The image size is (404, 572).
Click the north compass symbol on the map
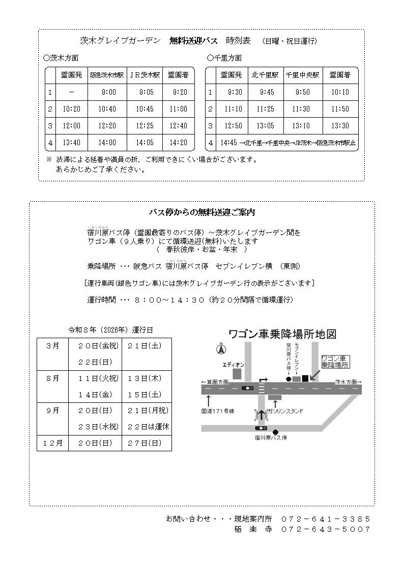coord(220,349)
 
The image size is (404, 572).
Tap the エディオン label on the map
coord(234,365)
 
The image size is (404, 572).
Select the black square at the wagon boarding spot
coord(305,378)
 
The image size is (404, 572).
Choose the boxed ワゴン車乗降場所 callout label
coord(335,362)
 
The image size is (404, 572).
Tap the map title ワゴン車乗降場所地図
coord(283,334)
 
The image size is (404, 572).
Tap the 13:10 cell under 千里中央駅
coord(301,126)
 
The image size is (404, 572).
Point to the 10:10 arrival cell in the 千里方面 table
coord(340,92)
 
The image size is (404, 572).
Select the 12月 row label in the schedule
coord(52,443)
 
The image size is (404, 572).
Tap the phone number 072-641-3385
coord(326,519)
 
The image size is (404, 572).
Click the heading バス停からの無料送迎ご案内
coord(201,212)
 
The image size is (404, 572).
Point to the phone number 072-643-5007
coord(326,529)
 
